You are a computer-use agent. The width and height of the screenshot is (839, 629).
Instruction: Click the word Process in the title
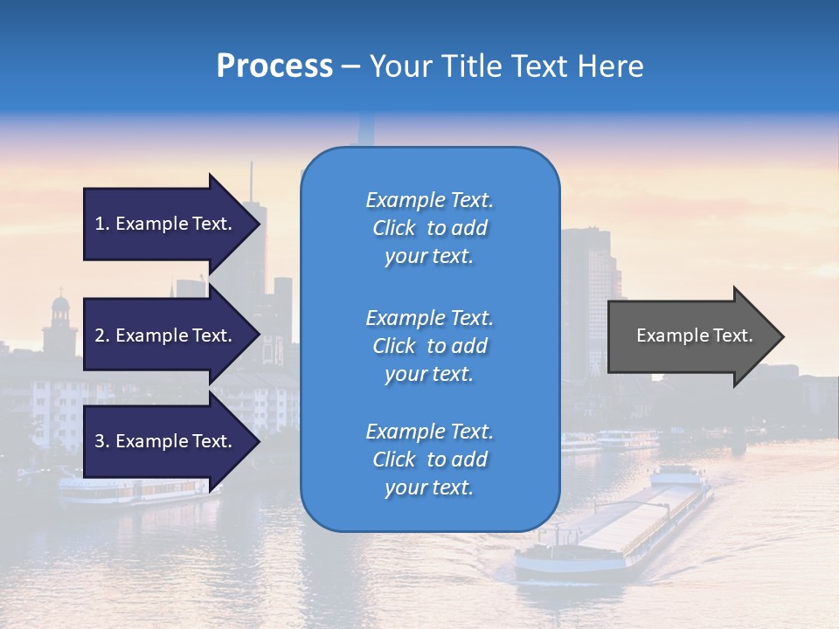click(x=274, y=66)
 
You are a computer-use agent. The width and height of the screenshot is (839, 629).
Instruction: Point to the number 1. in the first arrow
click(x=102, y=224)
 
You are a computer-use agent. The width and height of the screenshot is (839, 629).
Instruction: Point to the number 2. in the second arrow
click(x=102, y=335)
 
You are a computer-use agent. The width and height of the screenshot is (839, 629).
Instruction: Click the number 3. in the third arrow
click(x=102, y=441)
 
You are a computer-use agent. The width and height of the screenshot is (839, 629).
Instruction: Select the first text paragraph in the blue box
click(x=429, y=228)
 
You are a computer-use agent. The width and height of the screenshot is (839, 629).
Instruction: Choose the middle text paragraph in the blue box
click(x=429, y=346)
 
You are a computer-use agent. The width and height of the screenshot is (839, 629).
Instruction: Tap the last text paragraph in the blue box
click(x=429, y=460)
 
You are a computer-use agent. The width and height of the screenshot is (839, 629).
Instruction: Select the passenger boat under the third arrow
click(x=131, y=491)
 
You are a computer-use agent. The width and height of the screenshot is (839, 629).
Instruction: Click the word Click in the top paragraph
click(x=393, y=228)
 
